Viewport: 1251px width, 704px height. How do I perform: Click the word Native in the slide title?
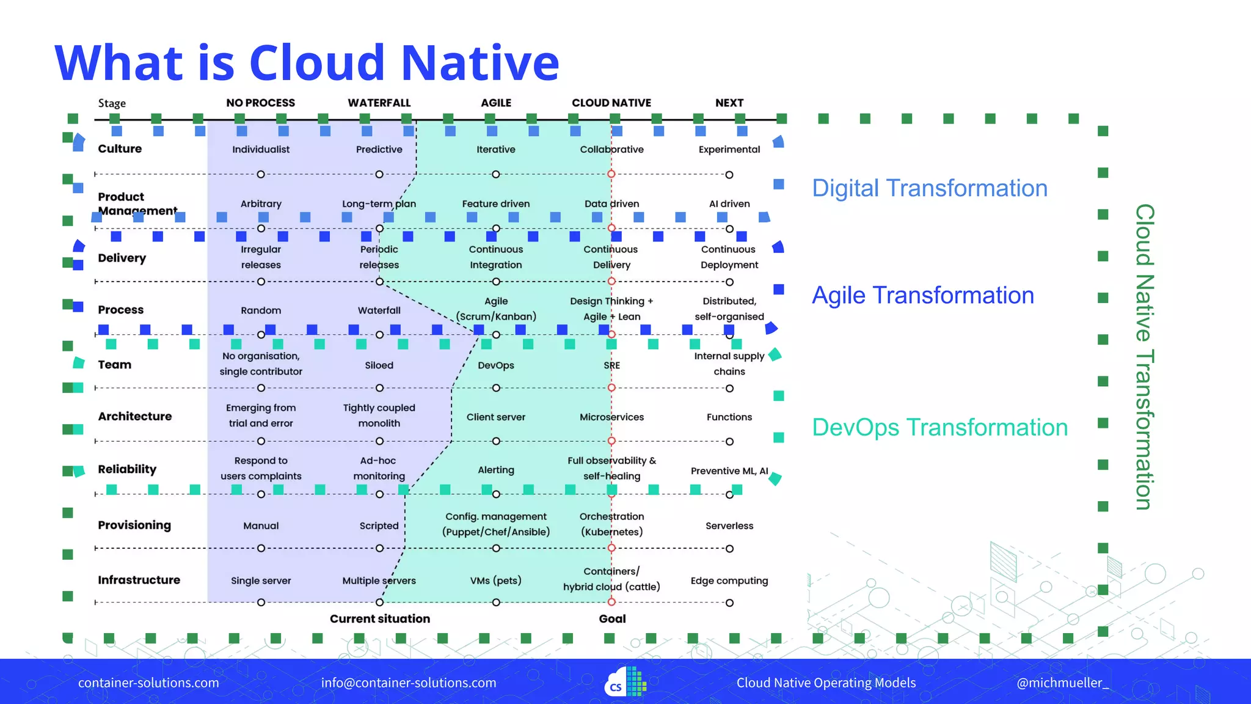pyautogui.click(x=480, y=63)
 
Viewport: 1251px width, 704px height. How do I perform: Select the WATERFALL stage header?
pyautogui.click(x=379, y=103)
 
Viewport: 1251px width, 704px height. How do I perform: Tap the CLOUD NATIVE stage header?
pyautogui.click(x=611, y=103)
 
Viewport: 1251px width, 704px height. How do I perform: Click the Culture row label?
pyautogui.click(x=120, y=148)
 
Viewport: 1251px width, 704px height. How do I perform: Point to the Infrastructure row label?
pyautogui.click(x=139, y=580)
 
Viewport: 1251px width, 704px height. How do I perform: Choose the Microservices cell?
pyautogui.click(x=611, y=417)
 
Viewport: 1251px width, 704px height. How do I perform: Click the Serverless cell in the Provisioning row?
pyautogui.click(x=729, y=526)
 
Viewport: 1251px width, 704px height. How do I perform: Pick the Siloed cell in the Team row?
pyautogui.click(x=379, y=365)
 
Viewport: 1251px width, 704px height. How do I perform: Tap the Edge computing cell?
pyautogui.click(x=729, y=581)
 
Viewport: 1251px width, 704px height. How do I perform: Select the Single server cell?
pyautogui.click(x=261, y=581)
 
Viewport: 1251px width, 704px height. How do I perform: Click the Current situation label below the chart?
pyautogui.click(x=379, y=618)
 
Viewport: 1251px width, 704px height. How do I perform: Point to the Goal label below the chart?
pyautogui.click(x=612, y=618)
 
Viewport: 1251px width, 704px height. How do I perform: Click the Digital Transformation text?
pyautogui.click(x=929, y=188)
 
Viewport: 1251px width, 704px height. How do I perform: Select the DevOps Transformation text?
pyautogui.click(x=939, y=427)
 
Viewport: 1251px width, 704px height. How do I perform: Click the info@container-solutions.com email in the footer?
pyautogui.click(x=409, y=683)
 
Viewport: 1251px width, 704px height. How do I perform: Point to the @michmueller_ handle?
pyautogui.click(x=1062, y=683)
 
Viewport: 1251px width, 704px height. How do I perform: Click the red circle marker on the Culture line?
pyautogui.click(x=611, y=174)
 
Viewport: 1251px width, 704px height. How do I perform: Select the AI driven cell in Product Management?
pyautogui.click(x=729, y=204)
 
